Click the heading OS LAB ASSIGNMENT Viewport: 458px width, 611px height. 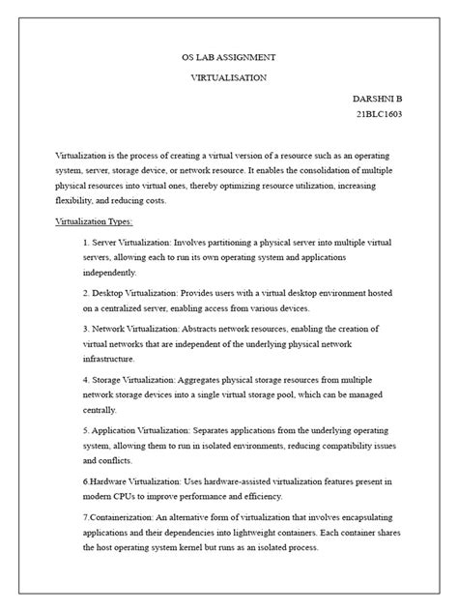[228, 58]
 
